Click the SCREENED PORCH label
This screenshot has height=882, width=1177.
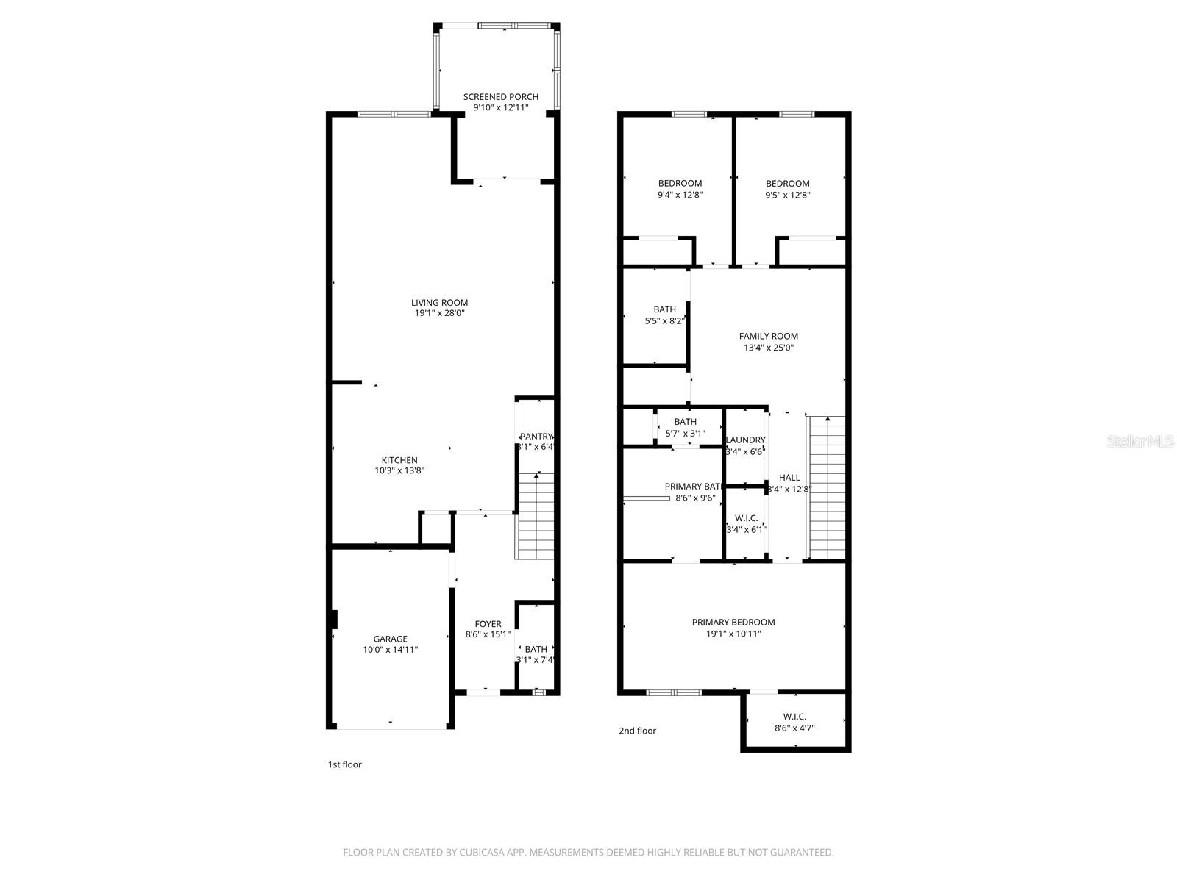500,96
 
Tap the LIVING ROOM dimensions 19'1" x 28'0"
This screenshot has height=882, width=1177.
439,313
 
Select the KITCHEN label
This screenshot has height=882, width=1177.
399,460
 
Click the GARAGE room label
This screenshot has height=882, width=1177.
390,639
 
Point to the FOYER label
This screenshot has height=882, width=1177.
488,624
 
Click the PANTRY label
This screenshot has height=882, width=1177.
536,437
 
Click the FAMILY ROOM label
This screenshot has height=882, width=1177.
768,336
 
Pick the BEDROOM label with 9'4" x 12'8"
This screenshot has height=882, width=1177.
680,183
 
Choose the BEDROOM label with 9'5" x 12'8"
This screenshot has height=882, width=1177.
787,183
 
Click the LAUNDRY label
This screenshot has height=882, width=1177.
745,440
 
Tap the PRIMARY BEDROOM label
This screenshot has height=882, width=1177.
733,622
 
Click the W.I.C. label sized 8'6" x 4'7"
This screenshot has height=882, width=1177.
794,717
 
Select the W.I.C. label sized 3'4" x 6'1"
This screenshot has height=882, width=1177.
746,518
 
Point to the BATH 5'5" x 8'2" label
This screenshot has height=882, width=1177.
664,309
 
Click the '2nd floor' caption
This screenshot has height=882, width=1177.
637,731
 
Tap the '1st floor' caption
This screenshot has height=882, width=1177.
344,764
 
